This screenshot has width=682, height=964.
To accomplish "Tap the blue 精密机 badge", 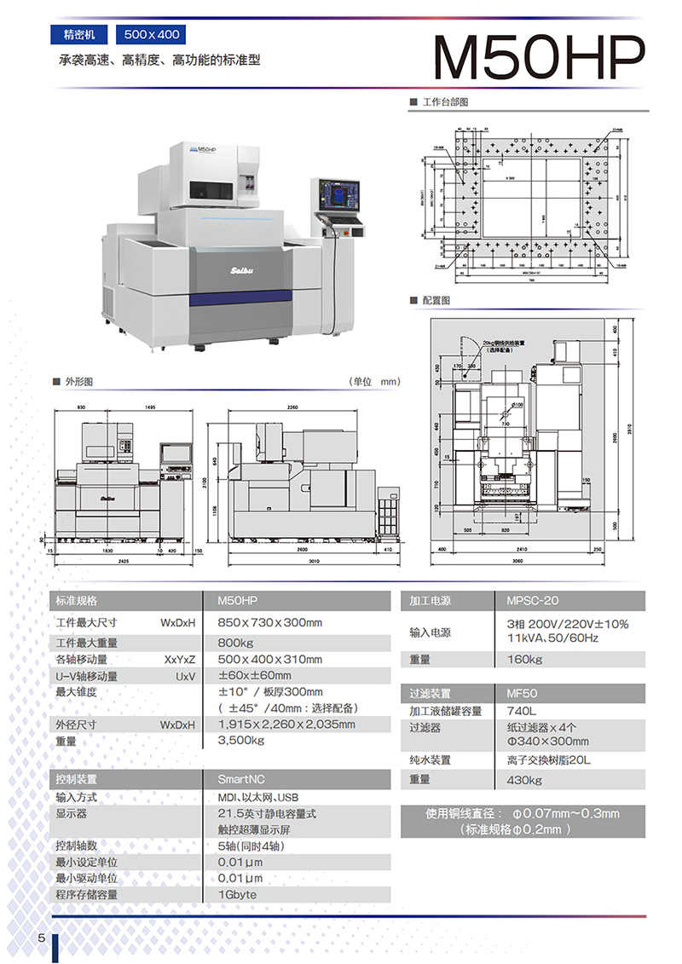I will (79, 35).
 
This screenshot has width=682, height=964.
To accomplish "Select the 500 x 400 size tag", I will (152, 35).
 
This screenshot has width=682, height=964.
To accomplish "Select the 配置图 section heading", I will (435, 301).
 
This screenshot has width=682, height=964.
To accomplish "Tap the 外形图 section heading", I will (78, 381).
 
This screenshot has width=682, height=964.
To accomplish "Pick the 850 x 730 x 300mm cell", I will (270, 623).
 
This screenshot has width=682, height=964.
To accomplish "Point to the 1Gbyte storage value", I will (237, 895).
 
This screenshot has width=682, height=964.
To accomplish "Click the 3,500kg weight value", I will (241, 741).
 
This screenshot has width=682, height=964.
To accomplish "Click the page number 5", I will (41, 938).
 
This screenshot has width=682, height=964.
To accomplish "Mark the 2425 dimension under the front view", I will (124, 563).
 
